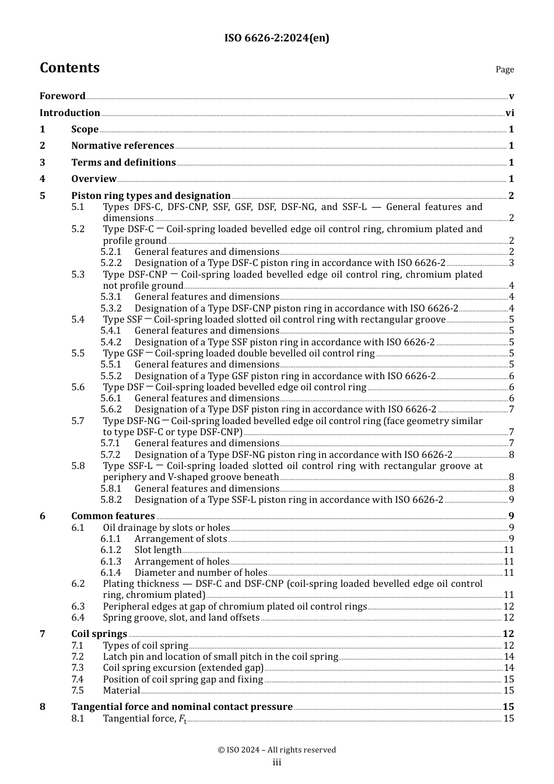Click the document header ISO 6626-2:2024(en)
tap(276, 38)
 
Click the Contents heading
tap(69, 68)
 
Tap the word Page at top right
tap(504, 69)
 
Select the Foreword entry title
tap(62, 96)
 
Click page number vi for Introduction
tap(510, 113)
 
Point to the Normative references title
tap(122, 146)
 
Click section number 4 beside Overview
tap(43, 179)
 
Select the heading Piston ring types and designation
tap(150, 196)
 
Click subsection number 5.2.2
tap(111, 263)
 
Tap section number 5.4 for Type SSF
tap(78, 320)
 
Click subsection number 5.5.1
tap(111, 365)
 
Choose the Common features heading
tap(113, 516)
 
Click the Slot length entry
tap(158, 550)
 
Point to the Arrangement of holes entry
tap(182, 562)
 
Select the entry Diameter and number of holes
tap(201, 573)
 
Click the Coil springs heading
tap(99, 634)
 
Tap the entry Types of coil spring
tap(145, 646)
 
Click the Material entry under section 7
tap(121, 691)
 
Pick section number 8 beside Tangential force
tap(43, 707)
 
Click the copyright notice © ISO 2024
tap(276, 750)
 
